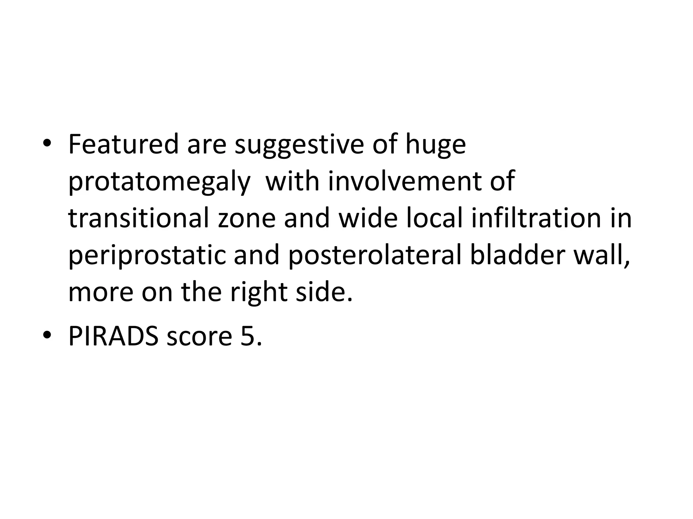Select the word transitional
click(138, 219)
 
